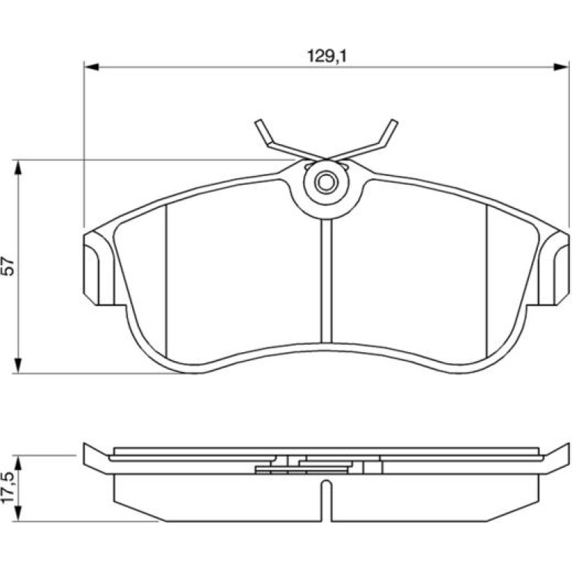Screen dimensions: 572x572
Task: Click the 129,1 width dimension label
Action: tap(327, 56)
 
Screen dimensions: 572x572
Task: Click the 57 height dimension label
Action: tap(8, 267)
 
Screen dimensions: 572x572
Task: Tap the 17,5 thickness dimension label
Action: tap(8, 487)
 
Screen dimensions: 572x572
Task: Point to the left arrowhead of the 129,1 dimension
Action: tap(91, 67)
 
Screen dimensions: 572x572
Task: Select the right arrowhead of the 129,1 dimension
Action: tap(561, 67)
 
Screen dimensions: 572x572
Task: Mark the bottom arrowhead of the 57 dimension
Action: tap(19, 365)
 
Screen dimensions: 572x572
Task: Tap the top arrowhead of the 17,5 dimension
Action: tap(19, 463)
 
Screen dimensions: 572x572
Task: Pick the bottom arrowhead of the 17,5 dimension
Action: tap(19, 513)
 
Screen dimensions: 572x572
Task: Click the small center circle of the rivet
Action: tap(326, 182)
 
